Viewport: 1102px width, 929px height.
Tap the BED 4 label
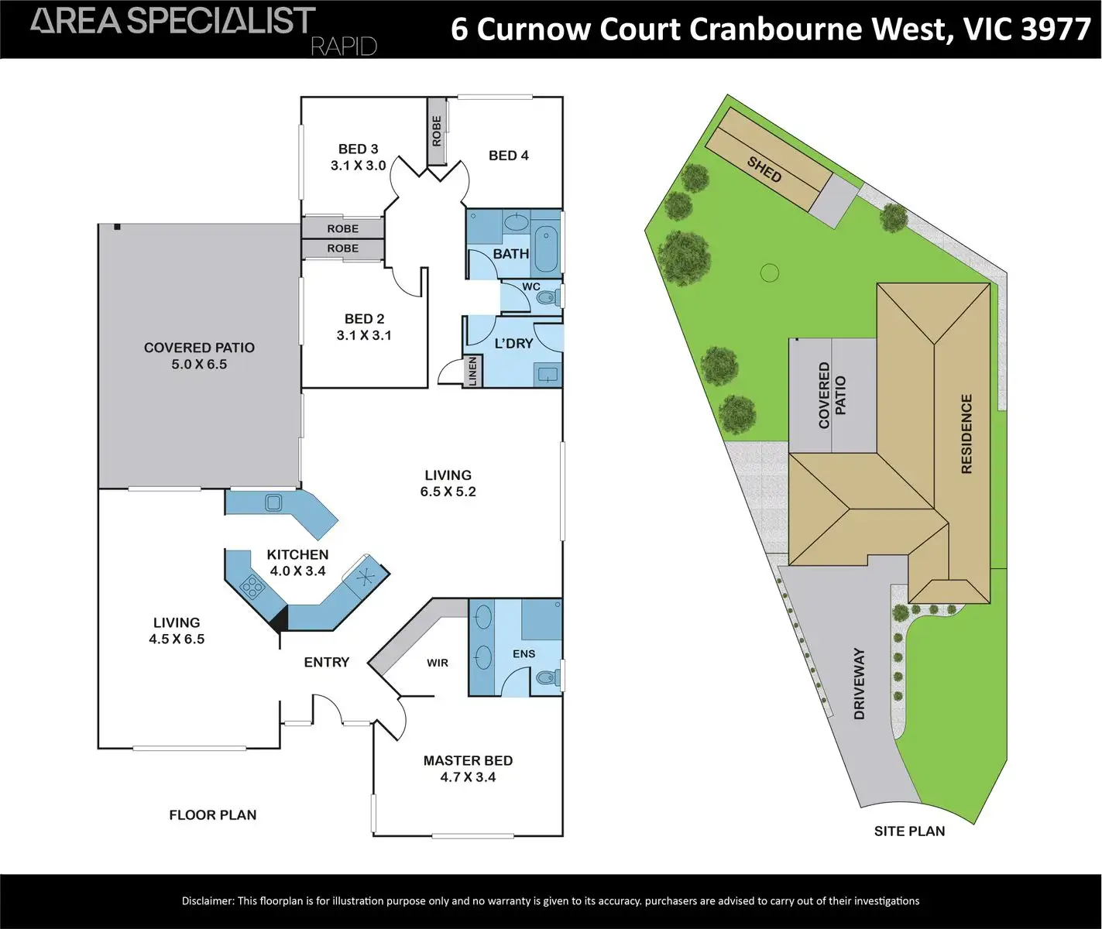[508, 156]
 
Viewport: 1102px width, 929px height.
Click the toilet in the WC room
[547, 297]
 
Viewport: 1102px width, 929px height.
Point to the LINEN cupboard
[472, 371]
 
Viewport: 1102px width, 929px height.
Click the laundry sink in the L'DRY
[548, 375]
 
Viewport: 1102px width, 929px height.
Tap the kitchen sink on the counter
[273, 502]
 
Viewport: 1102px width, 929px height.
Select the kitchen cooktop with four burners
[252, 586]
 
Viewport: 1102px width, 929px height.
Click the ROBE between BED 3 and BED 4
[437, 131]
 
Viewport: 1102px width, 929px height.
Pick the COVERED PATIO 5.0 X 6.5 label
[199, 356]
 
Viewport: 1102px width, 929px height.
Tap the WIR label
[438, 663]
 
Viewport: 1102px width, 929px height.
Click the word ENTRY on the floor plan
[326, 662]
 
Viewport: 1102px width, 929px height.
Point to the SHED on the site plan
[764, 169]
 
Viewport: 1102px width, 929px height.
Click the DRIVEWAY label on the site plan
[859, 684]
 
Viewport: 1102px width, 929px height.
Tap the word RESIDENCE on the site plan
[966, 434]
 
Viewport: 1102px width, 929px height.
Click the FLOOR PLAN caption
[212, 814]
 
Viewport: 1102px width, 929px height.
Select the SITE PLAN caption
[909, 831]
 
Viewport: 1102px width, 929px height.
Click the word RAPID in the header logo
[343, 46]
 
